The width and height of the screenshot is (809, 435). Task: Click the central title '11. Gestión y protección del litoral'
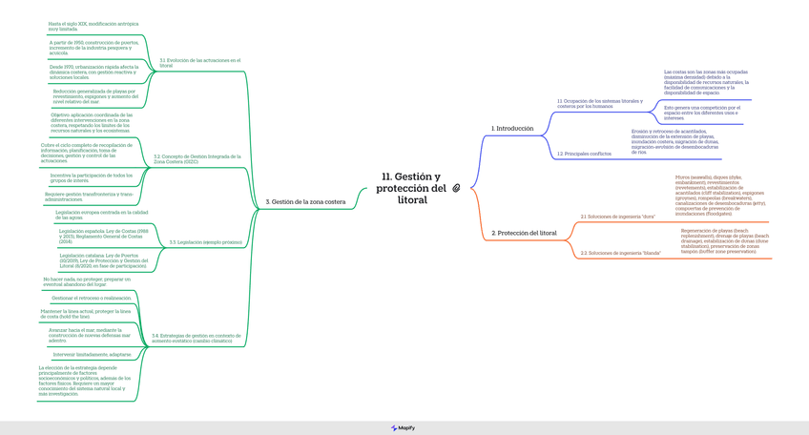tap(411, 188)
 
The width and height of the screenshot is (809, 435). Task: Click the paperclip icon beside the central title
tap(456, 188)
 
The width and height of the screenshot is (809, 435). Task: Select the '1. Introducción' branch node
tap(512, 129)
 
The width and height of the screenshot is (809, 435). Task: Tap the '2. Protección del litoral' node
tap(524, 233)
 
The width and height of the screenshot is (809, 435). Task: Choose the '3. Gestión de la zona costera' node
tap(305, 202)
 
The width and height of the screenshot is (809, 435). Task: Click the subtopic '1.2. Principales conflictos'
tap(584, 154)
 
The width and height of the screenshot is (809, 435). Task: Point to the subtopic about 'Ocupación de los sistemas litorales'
tap(599, 103)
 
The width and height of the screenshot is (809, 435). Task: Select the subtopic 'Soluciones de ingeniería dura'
tap(617, 217)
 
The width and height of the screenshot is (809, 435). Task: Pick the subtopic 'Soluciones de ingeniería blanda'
tap(620, 253)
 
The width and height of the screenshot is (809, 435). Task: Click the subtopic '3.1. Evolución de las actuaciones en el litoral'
tap(199, 62)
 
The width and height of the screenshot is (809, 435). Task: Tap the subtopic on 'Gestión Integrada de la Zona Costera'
tap(197, 159)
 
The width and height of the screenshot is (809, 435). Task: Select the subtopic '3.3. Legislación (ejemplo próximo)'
tap(205, 242)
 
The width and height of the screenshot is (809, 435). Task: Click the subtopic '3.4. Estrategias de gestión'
tap(197, 338)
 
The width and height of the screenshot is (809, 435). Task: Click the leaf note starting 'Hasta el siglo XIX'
tap(93, 27)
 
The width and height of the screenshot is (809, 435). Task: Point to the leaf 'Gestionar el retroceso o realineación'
tap(92, 298)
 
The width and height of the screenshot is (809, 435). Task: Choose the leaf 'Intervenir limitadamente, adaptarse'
tap(92, 354)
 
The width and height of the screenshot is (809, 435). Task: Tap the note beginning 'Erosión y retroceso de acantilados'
tap(674, 141)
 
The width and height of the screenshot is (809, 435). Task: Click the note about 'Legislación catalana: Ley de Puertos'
tap(103, 260)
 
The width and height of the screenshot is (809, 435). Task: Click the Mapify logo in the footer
tap(404, 428)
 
